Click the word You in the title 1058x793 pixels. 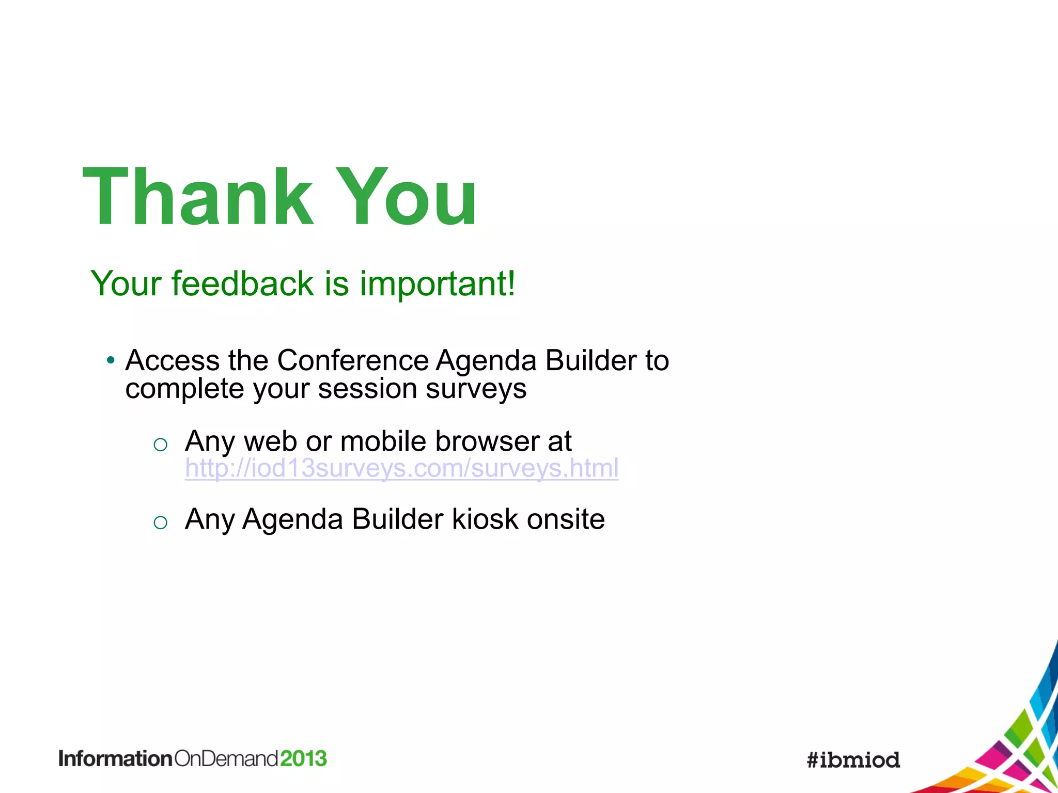click(406, 197)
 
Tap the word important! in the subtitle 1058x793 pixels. click(437, 284)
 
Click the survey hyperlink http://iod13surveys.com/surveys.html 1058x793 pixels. click(401, 468)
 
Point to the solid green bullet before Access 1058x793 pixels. click(110, 360)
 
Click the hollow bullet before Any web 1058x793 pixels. click(161, 445)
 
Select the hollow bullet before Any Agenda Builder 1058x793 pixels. click(161, 522)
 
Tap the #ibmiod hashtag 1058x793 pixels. click(853, 760)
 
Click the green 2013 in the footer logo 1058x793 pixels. click(303, 758)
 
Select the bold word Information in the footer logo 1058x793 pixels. click(115, 758)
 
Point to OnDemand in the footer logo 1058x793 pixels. click(226, 758)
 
